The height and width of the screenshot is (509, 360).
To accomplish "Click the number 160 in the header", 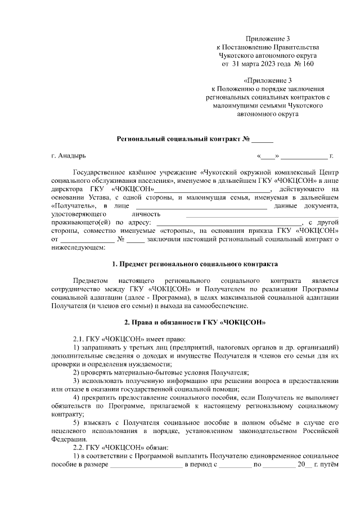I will (x=306, y=64).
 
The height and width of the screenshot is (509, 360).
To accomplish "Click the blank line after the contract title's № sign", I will (x=262, y=139).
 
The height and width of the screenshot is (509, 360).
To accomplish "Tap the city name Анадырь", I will (x=73, y=155).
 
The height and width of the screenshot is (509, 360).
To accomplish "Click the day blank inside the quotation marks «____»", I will (x=268, y=156).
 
